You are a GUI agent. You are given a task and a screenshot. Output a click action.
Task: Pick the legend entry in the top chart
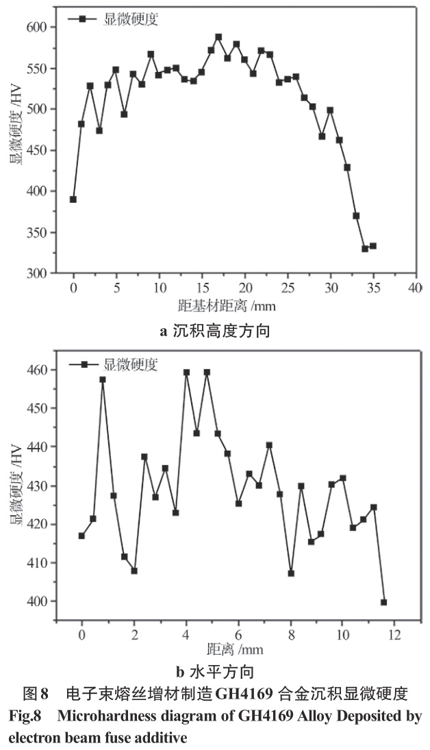coord(114,19)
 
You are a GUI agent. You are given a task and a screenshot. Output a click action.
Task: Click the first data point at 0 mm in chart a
coord(73,199)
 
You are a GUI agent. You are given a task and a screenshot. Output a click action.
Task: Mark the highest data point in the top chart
coord(218,37)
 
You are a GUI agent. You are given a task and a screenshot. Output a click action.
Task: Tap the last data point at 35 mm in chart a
coord(373,246)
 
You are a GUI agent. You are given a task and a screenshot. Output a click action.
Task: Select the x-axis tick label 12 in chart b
coord(394,635)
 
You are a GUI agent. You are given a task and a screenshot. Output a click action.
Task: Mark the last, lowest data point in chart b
coord(383,602)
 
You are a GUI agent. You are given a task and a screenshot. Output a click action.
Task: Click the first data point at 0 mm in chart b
coord(81,536)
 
